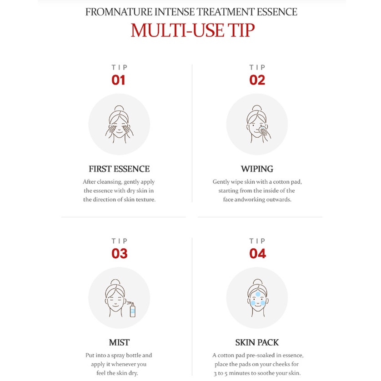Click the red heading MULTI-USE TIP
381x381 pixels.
[x=193, y=30]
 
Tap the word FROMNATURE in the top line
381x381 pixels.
[x=119, y=12]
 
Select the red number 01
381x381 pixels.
[x=118, y=80]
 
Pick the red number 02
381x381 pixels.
[x=257, y=80]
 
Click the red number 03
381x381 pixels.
[x=119, y=253]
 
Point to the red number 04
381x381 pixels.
[x=258, y=253]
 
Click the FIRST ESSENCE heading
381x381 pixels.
[x=119, y=169]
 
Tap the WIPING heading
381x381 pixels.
[x=257, y=169]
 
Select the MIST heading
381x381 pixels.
[x=119, y=342]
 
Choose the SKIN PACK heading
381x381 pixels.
[x=257, y=342]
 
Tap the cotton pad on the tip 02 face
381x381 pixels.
[x=263, y=130]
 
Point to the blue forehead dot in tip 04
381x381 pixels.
[x=258, y=294]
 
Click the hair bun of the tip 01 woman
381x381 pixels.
[x=119, y=108]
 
